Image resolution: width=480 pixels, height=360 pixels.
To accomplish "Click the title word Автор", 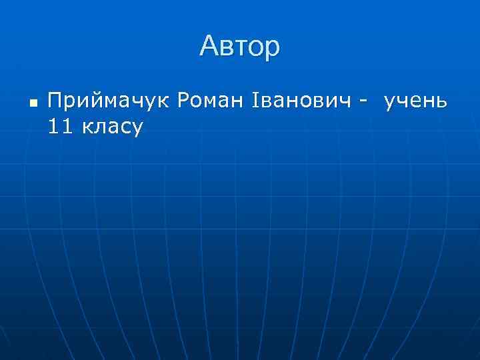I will [240, 47].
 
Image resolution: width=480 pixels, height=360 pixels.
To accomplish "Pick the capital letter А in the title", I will [209, 47].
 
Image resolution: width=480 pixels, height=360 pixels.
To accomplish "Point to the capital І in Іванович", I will [255, 101].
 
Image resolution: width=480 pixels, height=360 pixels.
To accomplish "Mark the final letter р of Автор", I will [273, 49].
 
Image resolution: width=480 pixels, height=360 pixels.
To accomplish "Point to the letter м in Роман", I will [210, 103].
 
